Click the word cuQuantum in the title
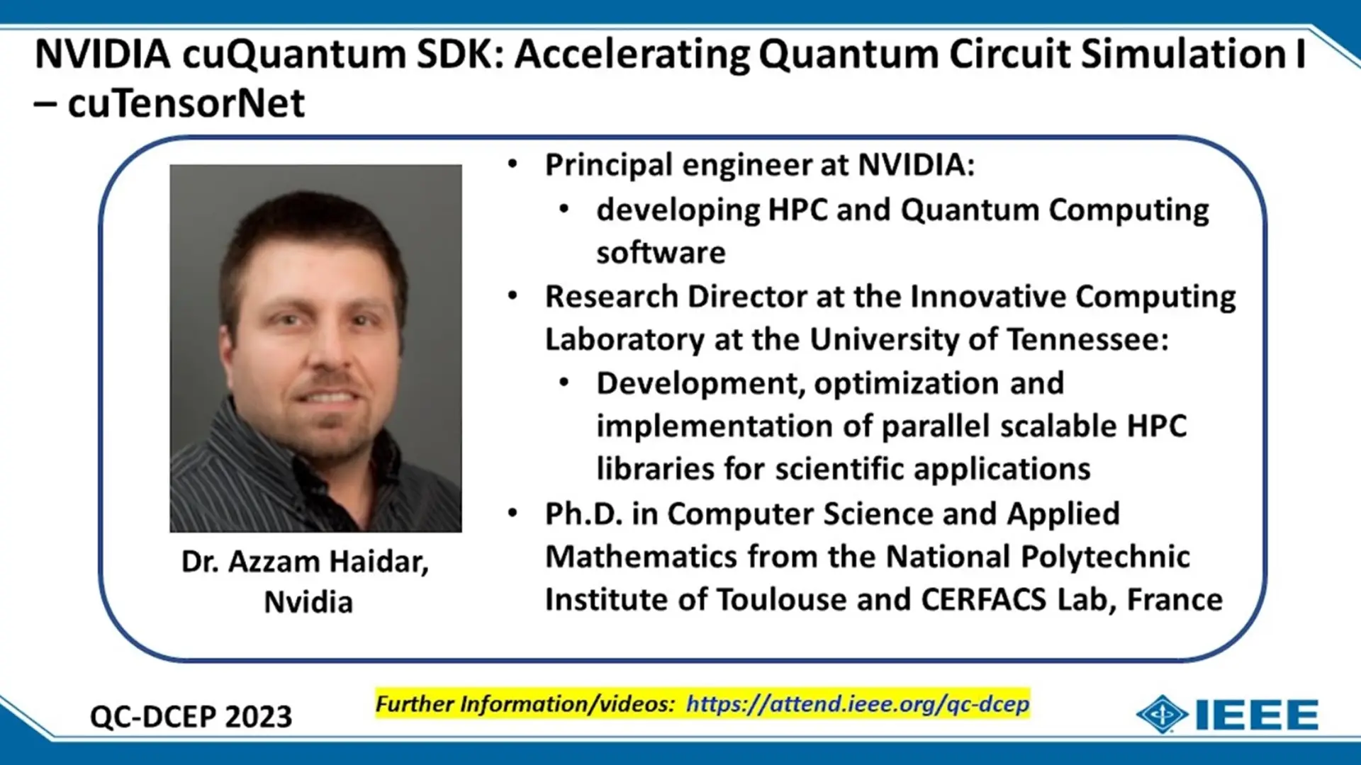point(293,55)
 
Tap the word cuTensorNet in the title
point(186,103)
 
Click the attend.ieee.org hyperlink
point(857,704)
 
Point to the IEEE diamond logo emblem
point(1162,714)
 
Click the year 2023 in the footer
point(258,717)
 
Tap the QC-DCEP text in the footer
point(152,717)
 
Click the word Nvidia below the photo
point(308,602)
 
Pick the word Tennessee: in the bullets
point(1087,339)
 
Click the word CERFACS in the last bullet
point(983,599)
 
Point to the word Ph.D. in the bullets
point(583,514)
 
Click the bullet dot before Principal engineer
point(513,165)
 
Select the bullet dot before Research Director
point(513,296)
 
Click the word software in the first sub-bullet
point(661,253)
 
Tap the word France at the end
point(1175,599)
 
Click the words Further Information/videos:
point(525,704)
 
